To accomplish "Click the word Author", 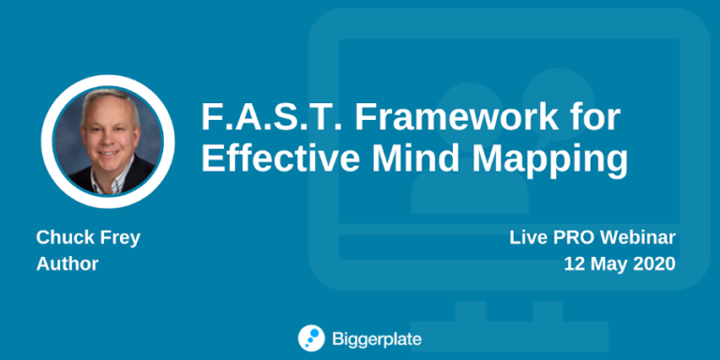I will coord(67,264).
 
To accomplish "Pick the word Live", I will coord(527,238).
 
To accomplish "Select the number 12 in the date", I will coord(574,264).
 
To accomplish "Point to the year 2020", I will coord(655,264).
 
